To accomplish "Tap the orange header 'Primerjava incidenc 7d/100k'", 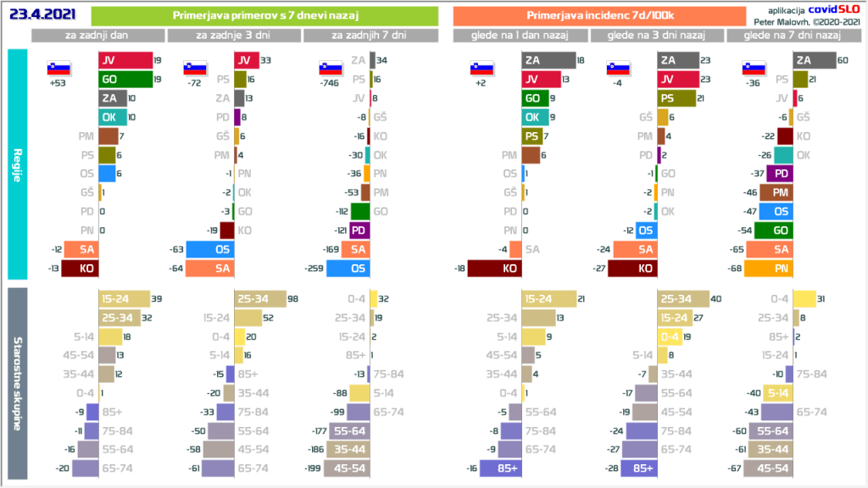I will click(587, 16).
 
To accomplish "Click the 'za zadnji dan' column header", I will click(98, 35).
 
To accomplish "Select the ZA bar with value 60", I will click(814, 60).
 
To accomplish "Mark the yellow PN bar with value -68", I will click(776, 269).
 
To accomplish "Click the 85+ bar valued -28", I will click(641, 469).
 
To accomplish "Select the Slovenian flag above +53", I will click(58, 69).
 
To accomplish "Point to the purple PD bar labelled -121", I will click(360, 230).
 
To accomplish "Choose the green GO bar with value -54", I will click(773, 230).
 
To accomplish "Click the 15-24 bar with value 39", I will click(123, 298).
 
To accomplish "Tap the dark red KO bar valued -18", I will click(496, 269).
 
